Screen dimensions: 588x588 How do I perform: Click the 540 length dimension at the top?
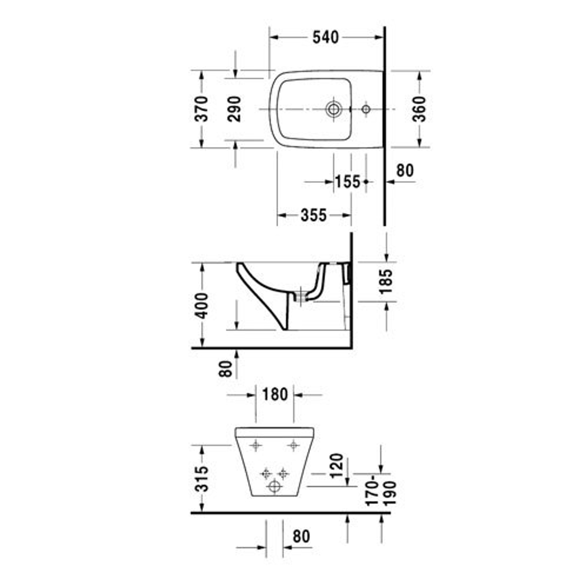click(325, 37)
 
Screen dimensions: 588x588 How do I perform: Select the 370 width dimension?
click(202, 109)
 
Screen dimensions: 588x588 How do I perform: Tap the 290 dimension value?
click(235, 109)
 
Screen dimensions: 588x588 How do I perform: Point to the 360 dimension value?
click(419, 109)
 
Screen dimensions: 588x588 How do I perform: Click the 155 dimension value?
click(347, 182)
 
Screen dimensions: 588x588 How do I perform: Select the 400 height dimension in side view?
click(202, 305)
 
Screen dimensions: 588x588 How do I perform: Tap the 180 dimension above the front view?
click(275, 394)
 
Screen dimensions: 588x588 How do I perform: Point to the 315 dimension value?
click(202, 479)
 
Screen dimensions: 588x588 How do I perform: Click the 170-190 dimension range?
click(382, 493)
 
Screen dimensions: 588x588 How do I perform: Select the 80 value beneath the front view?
click(300, 536)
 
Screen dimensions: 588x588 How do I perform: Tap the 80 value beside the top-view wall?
click(405, 171)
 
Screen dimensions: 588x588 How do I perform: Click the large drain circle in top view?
click(334, 109)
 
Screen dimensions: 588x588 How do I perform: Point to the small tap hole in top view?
click(366, 109)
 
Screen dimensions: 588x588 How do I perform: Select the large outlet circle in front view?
click(274, 487)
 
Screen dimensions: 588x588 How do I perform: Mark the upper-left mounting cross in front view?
click(255, 446)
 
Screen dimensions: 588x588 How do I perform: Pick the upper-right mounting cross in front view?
click(293, 446)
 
